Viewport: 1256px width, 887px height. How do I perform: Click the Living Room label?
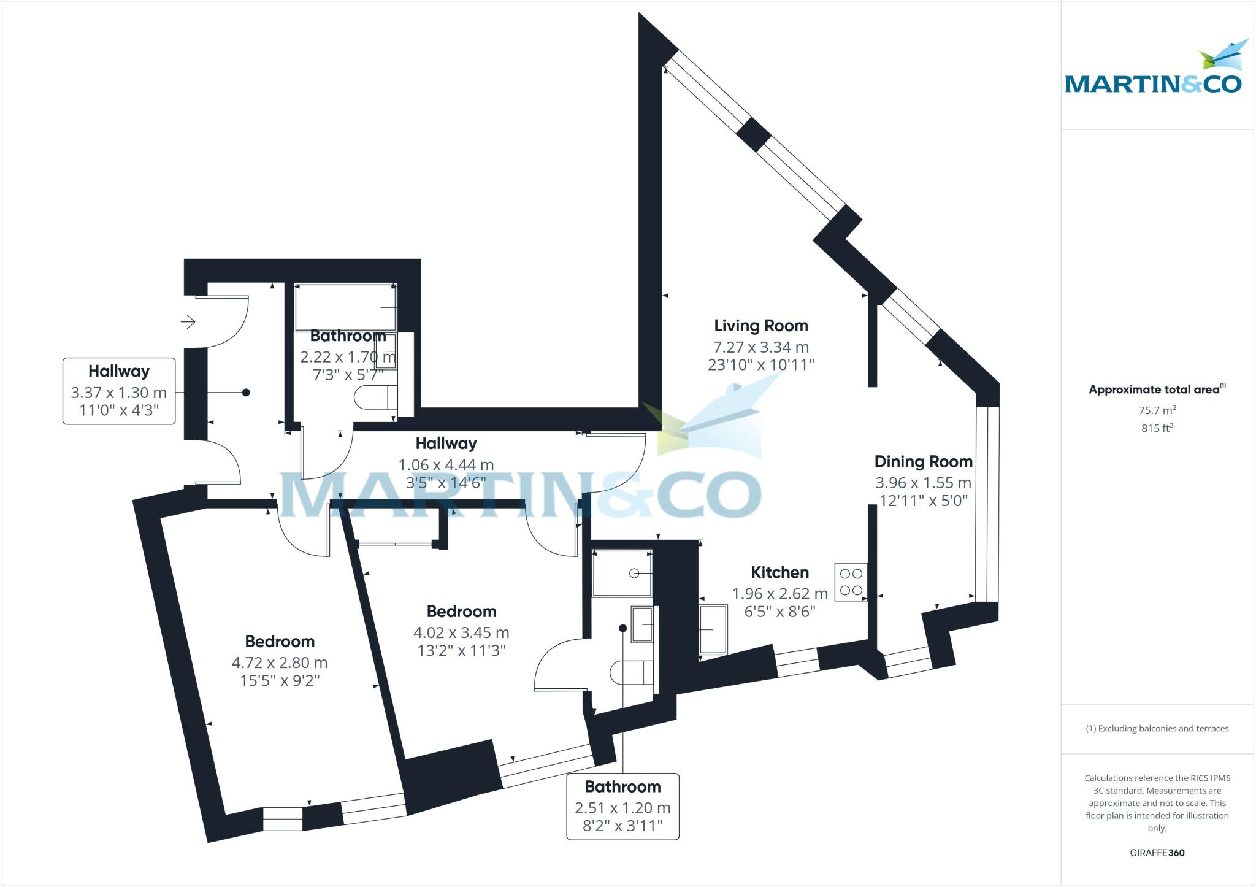pos(760,326)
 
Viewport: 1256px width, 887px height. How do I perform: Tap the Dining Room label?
pos(923,462)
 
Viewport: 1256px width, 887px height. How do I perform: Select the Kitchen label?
pos(779,572)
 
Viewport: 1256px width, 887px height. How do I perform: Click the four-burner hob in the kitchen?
pos(851,582)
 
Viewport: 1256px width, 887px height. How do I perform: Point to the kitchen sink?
pos(713,629)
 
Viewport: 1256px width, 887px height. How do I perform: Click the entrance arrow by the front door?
pos(188,321)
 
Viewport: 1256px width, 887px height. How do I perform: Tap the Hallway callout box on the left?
pos(119,391)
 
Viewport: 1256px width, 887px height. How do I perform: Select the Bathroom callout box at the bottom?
pos(622,806)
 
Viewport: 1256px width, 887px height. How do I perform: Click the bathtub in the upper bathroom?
pos(345,307)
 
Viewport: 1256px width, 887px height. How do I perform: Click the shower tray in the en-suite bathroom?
pos(622,573)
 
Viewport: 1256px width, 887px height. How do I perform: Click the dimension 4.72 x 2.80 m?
pos(279,663)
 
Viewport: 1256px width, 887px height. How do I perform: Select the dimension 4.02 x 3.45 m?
pos(461,632)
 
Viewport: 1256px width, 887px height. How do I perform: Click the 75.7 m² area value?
pos(1157,410)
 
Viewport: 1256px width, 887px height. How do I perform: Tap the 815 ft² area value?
pos(1157,428)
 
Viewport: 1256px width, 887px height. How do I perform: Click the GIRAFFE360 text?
pos(1157,853)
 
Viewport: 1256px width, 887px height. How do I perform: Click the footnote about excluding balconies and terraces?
pos(1157,729)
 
